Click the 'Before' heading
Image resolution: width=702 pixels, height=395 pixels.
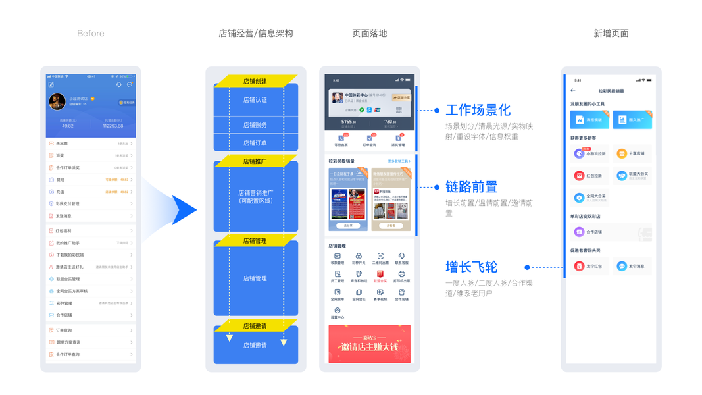[x=90, y=34]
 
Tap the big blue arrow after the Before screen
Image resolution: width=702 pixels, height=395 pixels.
[x=182, y=210]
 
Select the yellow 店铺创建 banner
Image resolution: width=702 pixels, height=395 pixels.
[x=255, y=82]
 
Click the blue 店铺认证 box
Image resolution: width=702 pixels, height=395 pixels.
[x=255, y=100]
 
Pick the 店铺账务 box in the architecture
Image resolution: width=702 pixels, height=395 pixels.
[x=255, y=125]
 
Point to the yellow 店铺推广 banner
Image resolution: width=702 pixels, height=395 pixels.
[x=255, y=161]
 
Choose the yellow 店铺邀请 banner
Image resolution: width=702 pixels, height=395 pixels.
[x=255, y=326]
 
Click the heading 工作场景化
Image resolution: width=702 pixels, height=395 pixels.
[x=478, y=110]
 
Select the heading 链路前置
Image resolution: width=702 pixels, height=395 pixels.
[x=471, y=188]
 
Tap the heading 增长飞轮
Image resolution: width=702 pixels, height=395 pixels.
[x=471, y=267]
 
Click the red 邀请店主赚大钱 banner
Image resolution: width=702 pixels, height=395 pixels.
[x=369, y=344]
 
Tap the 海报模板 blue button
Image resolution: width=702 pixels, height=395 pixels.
[x=589, y=120]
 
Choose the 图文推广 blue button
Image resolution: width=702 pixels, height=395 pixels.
[x=632, y=120]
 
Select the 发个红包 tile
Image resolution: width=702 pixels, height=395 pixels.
[x=589, y=266]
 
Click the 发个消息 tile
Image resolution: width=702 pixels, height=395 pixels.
[x=631, y=266]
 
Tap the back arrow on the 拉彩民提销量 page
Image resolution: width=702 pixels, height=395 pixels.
[x=573, y=90]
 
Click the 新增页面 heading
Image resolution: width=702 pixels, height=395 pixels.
[x=611, y=34]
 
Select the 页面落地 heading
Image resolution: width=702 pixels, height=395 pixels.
[x=369, y=34]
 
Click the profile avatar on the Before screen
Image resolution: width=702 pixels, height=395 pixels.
[x=57, y=102]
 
